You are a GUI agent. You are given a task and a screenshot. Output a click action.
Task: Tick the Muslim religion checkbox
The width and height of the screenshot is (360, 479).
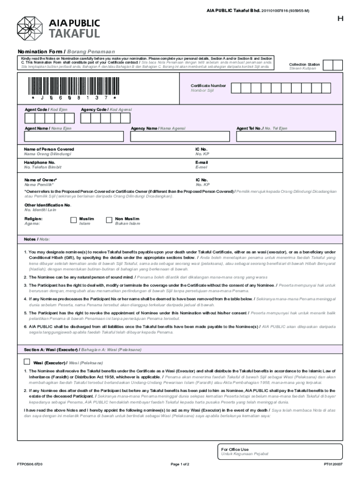click(73, 220)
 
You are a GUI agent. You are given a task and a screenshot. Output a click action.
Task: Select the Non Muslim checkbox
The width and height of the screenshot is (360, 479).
click(109, 220)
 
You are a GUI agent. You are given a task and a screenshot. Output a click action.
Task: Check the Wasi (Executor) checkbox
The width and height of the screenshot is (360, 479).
click(27, 362)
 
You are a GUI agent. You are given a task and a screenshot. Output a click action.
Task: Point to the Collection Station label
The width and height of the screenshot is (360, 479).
click(304, 65)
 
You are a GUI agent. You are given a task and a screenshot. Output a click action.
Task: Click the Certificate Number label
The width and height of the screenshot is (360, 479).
click(208, 86)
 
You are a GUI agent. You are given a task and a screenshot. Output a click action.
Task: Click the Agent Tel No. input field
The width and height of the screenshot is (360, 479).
click(285, 136)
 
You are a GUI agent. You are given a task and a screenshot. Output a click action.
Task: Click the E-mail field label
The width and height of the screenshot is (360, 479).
click(202, 162)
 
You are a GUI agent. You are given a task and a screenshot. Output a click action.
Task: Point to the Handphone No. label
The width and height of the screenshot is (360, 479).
click(40, 162)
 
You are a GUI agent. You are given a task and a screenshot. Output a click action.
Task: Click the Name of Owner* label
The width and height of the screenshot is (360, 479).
click(41, 180)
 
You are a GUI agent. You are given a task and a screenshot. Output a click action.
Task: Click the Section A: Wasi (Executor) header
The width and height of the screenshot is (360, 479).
click(51, 349)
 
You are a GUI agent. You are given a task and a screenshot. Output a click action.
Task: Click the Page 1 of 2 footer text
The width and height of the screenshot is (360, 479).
click(180, 464)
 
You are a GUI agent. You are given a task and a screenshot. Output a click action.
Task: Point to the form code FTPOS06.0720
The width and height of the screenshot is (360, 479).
click(29, 464)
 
